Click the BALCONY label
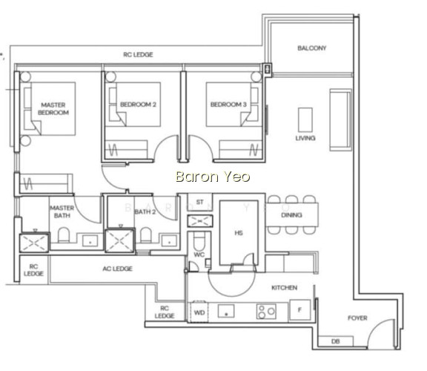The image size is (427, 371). point(311,48)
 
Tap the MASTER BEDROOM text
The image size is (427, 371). point(53,108)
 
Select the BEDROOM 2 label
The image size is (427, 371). point(138,105)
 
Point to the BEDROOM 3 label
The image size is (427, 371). point(228,105)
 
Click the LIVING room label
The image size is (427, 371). point(305,138)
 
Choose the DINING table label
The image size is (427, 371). point(291,215)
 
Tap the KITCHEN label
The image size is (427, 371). point(285,288)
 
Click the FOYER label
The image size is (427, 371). point(357,318)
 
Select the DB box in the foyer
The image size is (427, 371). point(336,341)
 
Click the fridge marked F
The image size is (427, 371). point(299,309)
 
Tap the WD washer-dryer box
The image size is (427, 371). point(199,312)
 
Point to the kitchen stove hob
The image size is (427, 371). point(266,312)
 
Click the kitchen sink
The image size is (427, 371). point(226,311)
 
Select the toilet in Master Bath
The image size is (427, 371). point(64,235)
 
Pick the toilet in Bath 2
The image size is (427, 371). point(146,235)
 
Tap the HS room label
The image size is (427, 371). point(239,233)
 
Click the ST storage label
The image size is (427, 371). point(199,202)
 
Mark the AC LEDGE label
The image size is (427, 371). point(117,269)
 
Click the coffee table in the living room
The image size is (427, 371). point(305,120)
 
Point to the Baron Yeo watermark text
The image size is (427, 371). point(213,177)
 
